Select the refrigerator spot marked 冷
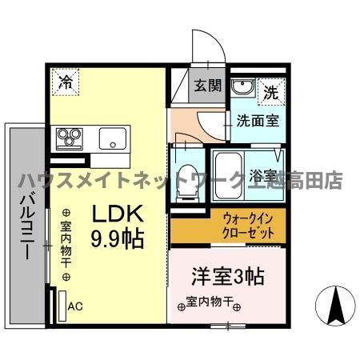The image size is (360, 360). tap(66, 82)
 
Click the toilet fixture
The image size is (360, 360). tap(185, 178)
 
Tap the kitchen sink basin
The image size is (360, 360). tap(111, 138)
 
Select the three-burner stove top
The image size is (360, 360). tap(68, 138)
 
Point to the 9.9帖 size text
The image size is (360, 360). tap(117, 238)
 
